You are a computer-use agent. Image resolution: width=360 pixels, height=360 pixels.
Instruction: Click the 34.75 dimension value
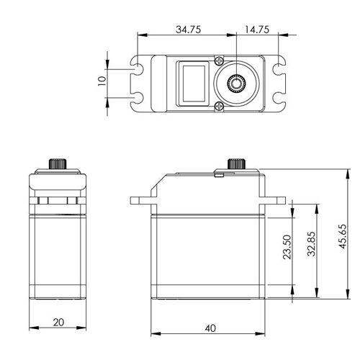(x=189, y=30)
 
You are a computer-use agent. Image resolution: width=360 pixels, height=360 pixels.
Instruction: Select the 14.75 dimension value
(x=257, y=30)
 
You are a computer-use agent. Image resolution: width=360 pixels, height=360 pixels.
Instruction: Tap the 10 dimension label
(x=102, y=81)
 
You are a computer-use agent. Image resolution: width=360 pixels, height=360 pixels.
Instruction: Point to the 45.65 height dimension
(x=343, y=236)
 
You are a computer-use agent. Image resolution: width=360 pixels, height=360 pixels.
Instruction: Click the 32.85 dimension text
(x=311, y=244)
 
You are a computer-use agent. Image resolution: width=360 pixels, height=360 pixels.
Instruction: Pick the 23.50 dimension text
(x=287, y=247)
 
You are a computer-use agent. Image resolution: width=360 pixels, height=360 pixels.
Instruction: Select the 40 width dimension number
(x=210, y=328)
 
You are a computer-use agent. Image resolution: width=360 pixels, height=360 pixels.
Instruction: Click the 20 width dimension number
(x=58, y=323)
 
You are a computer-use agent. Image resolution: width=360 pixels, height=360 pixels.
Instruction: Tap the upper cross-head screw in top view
(x=219, y=60)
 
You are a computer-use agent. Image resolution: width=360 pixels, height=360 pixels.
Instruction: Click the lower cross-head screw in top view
(x=219, y=106)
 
